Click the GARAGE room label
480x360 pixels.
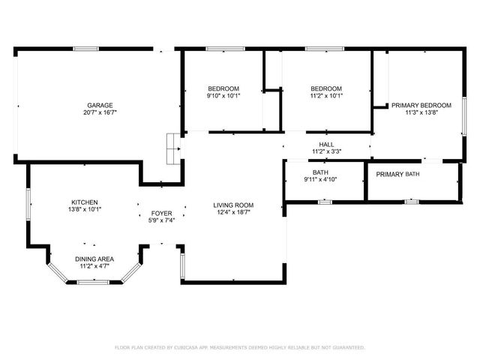[x=100, y=106]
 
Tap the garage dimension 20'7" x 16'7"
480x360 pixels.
[x=100, y=112]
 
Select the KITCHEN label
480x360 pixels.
[x=85, y=202]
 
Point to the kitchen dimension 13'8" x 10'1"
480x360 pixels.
[x=85, y=209]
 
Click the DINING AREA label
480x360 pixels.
[x=94, y=259]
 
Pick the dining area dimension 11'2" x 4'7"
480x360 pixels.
[x=94, y=265]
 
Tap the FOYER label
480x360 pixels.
[x=162, y=213]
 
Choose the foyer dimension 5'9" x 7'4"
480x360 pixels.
[x=162, y=220]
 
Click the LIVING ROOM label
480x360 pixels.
[x=233, y=205]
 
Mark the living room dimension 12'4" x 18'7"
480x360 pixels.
[x=233, y=212]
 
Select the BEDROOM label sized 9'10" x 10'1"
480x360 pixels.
[x=223, y=88]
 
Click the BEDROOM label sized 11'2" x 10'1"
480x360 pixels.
[x=326, y=88]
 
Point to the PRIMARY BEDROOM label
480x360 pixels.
[x=421, y=106]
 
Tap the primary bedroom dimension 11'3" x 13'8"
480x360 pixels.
[x=421, y=112]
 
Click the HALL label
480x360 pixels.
[x=326, y=145]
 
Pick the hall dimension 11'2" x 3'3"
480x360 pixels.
[x=326, y=151]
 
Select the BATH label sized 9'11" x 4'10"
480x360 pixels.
[x=320, y=173]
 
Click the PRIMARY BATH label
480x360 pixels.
[x=397, y=174]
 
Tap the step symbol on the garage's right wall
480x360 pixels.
[x=173, y=148]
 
